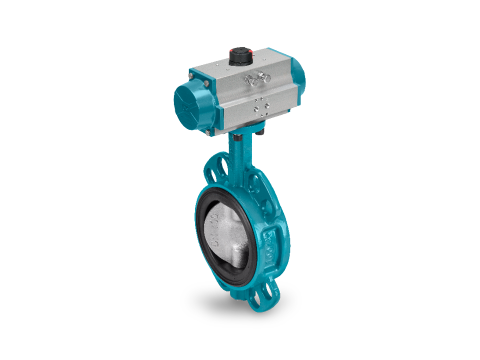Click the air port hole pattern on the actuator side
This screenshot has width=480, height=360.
260,105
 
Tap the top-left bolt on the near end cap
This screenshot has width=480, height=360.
190,76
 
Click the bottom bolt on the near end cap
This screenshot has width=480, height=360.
206,132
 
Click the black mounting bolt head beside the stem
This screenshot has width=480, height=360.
261,133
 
